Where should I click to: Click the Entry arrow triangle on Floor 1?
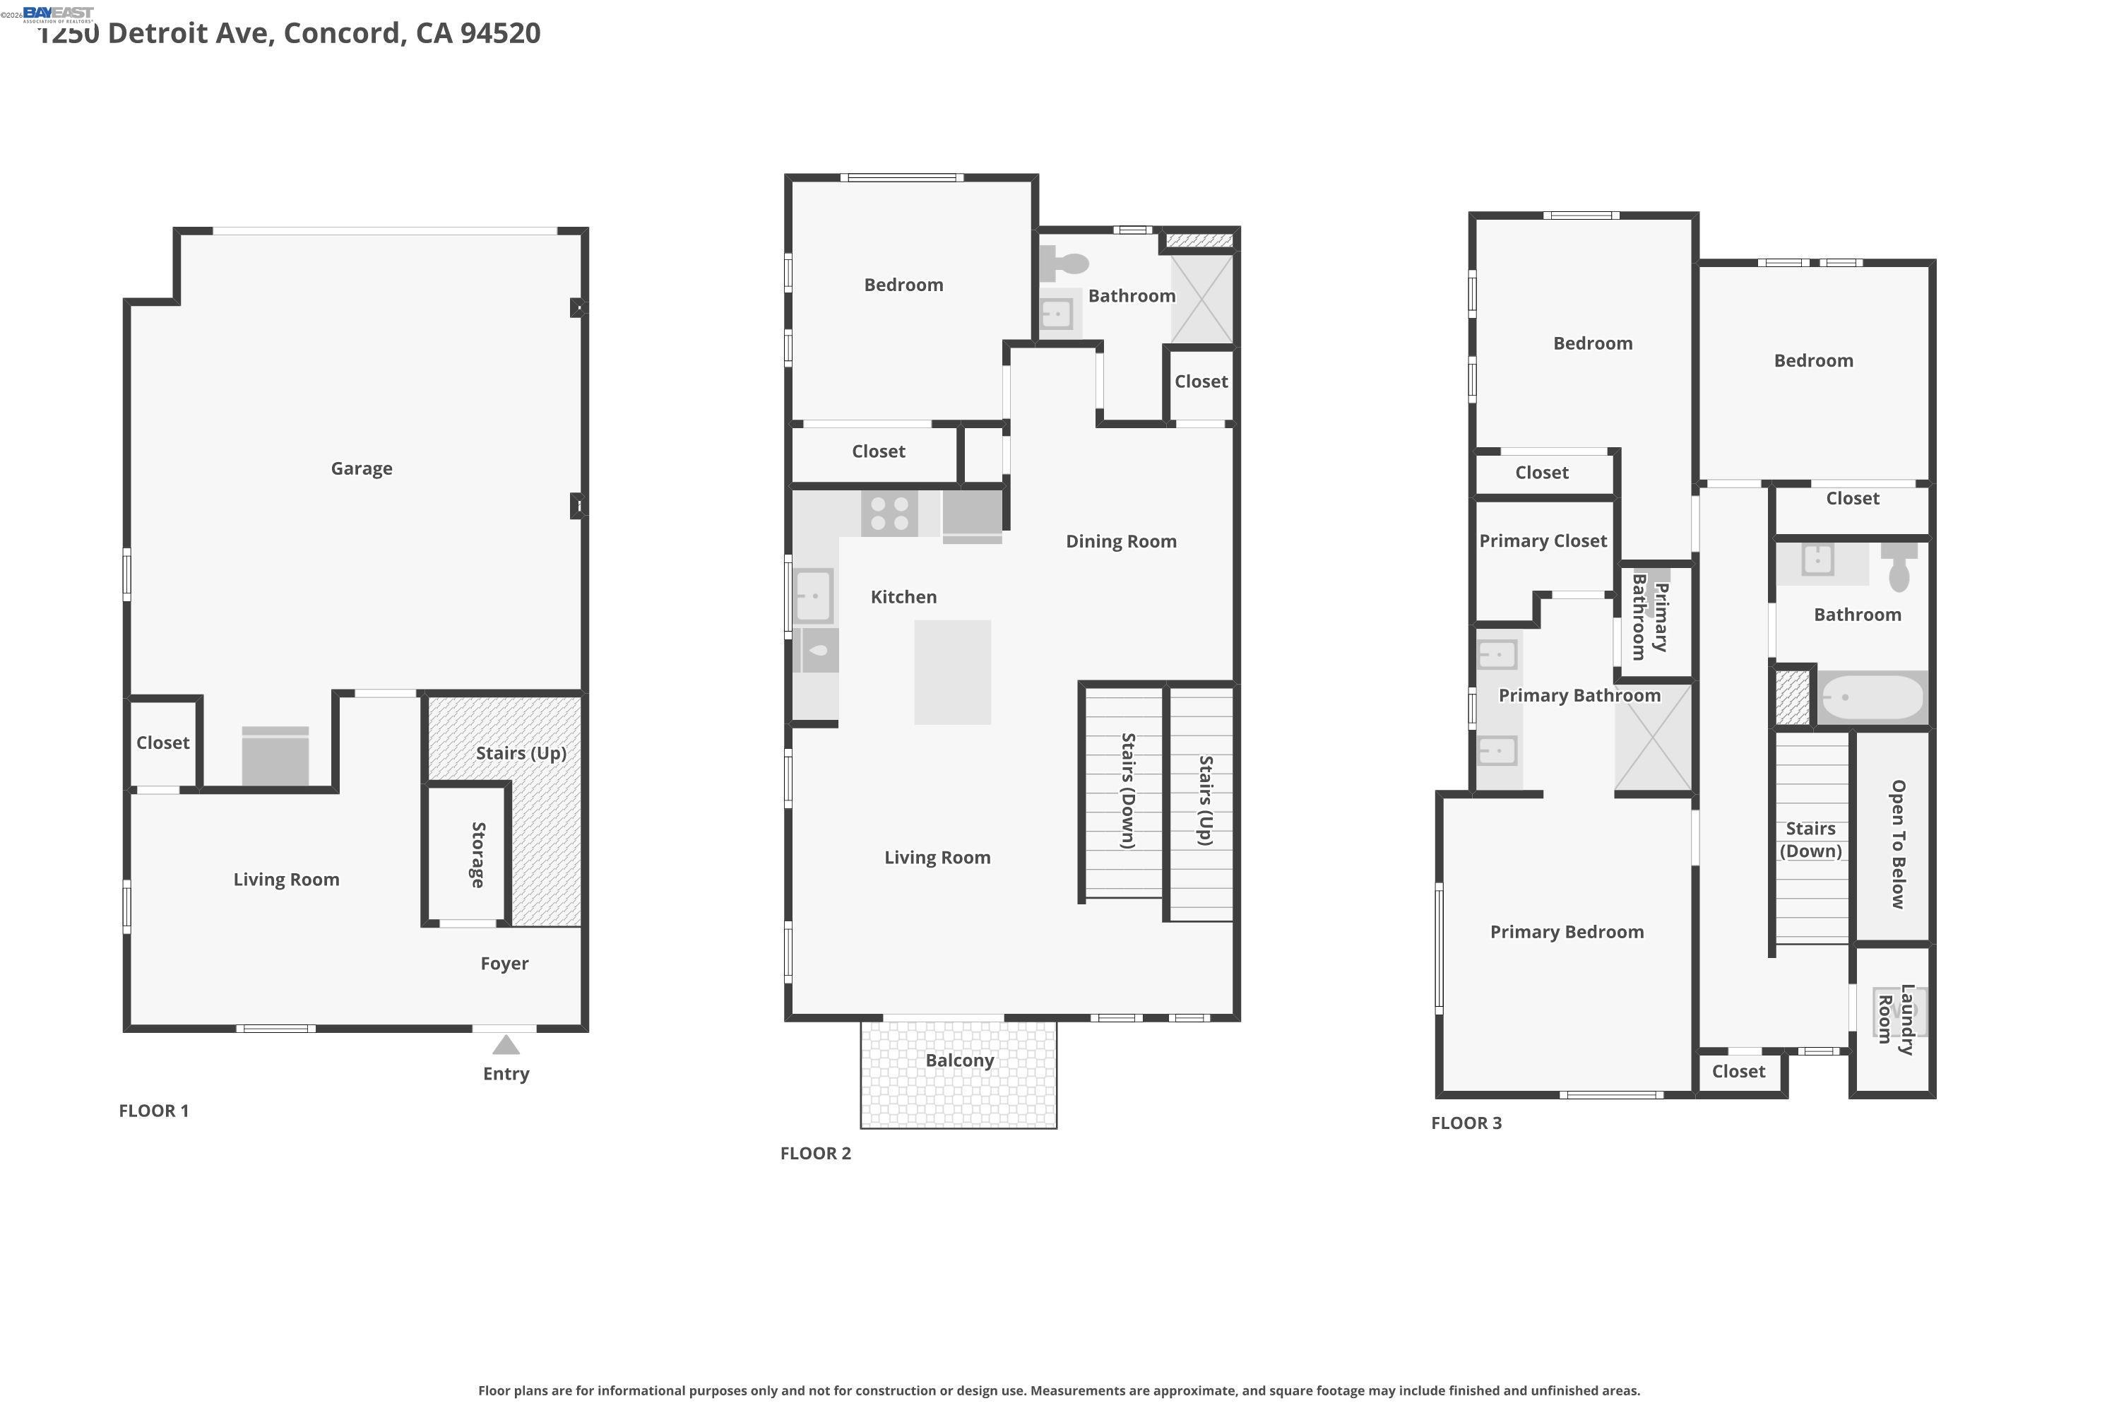click(506, 1046)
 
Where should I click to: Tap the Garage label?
click(361, 468)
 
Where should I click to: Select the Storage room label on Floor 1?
click(478, 854)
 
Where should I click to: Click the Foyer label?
click(504, 964)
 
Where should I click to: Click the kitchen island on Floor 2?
click(952, 673)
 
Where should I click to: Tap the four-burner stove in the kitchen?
click(890, 514)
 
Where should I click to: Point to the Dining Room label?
click(1122, 542)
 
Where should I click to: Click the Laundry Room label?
click(1896, 1019)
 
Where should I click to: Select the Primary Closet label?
click(1543, 540)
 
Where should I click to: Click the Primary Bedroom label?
click(1567, 933)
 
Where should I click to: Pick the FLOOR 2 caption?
click(815, 1154)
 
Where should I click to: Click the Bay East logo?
click(58, 14)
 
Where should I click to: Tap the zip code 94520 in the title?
click(500, 33)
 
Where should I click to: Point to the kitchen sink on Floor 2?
click(814, 596)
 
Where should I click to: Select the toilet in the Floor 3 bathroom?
click(1899, 567)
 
